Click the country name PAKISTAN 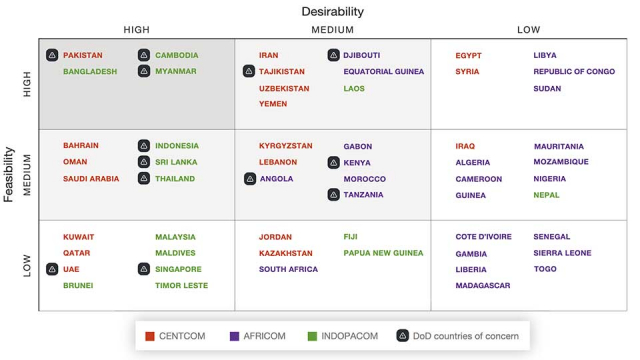(83, 55)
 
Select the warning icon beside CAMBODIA (144, 55)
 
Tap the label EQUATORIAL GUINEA (384, 72)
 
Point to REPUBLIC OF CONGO (574, 72)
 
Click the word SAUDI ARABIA (91, 179)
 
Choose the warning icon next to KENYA (334, 162)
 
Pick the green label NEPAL (547, 195)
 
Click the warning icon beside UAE (52, 269)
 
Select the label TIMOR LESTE (181, 285)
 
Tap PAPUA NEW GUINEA (383, 253)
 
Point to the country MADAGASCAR (483, 285)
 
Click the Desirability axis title (333, 12)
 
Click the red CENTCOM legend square (149, 336)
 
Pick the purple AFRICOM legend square (234, 336)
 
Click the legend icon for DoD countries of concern (403, 336)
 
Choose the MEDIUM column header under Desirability (333, 30)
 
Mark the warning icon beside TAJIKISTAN (249, 71)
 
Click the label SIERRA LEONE (563, 253)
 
